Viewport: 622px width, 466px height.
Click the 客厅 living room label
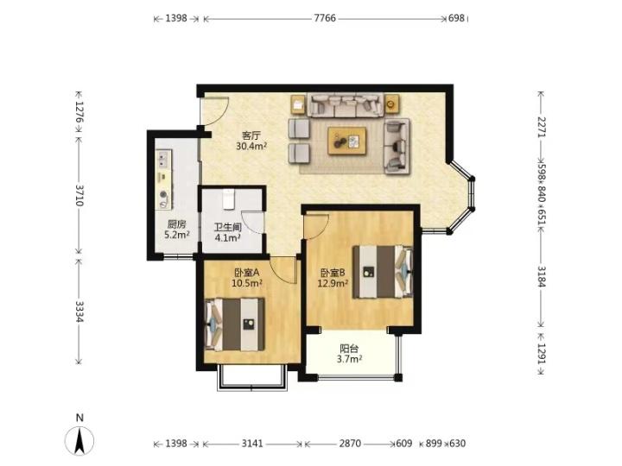pyautogui.click(x=251, y=136)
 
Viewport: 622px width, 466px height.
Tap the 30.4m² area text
pyautogui.click(x=251, y=146)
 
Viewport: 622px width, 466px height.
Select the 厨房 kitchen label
pyautogui.click(x=176, y=224)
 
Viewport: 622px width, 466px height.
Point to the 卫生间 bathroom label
pyautogui.click(x=228, y=228)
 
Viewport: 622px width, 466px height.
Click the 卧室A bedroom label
pyautogui.click(x=247, y=273)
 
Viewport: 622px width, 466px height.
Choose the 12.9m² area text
pyautogui.click(x=333, y=283)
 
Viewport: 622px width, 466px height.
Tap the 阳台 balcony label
pyautogui.click(x=349, y=349)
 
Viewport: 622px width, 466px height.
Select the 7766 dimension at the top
pyautogui.click(x=325, y=18)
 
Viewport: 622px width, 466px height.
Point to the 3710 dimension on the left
pyautogui.click(x=79, y=195)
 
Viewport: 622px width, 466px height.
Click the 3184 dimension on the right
pyautogui.click(x=541, y=277)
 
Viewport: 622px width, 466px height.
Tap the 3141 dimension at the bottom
pyautogui.click(x=252, y=444)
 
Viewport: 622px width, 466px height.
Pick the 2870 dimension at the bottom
pyautogui.click(x=350, y=444)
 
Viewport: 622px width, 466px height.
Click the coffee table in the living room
pyautogui.click(x=346, y=141)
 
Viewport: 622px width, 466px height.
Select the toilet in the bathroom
pyautogui.click(x=228, y=199)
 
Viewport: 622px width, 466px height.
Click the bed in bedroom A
pyautogui.click(x=234, y=324)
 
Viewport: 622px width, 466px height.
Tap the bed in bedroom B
pyautogui.click(x=383, y=272)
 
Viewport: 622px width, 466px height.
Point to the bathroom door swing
pyautogui.click(x=252, y=223)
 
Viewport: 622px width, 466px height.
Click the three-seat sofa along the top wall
pyautogui.click(x=346, y=105)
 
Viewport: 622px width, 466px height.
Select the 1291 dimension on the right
pyautogui.click(x=541, y=353)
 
